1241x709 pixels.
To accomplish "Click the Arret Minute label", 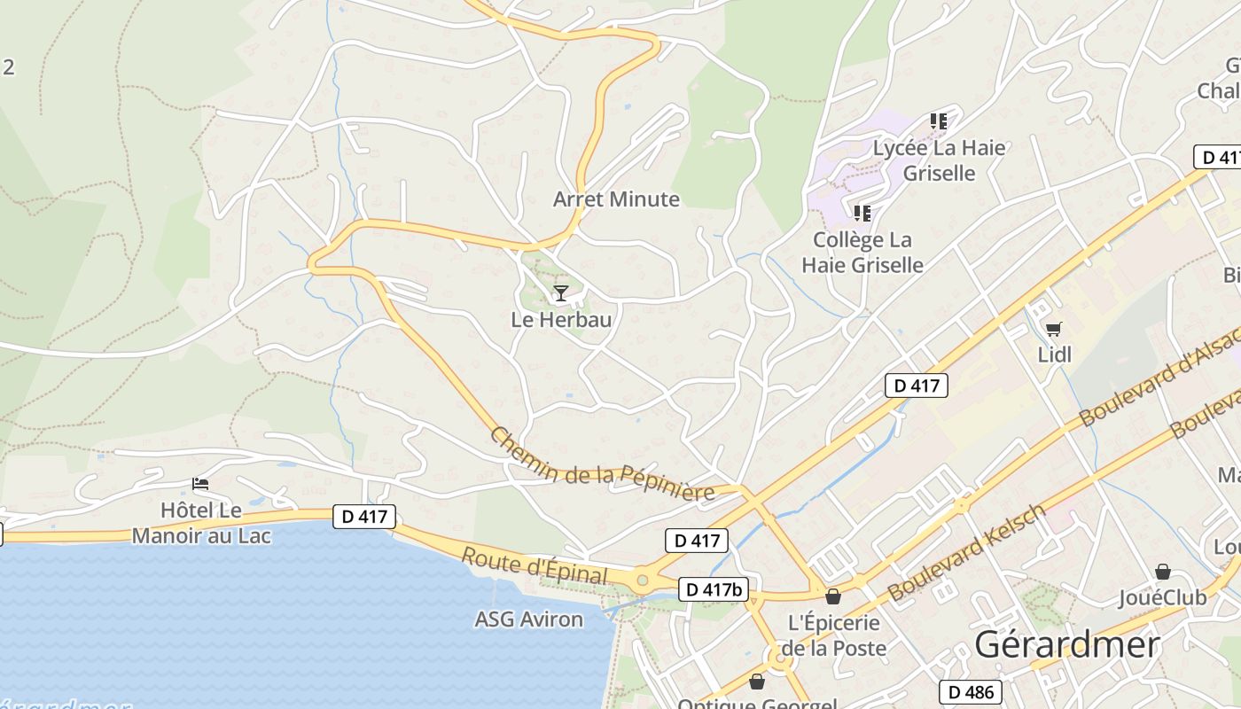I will (x=616, y=199).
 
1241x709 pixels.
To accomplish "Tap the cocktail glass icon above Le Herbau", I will (x=560, y=293).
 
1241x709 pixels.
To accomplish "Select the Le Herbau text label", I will (x=561, y=320).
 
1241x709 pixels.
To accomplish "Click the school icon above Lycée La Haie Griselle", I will (x=939, y=121).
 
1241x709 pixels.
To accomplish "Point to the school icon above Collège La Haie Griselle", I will (x=862, y=213).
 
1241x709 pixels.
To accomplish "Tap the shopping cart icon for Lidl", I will (x=1053, y=330).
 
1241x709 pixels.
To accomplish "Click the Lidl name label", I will (x=1055, y=355).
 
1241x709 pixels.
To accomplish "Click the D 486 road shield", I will (x=970, y=692).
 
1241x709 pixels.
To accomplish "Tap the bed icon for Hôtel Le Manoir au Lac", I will (x=200, y=484).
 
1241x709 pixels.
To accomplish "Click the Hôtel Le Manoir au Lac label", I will (x=201, y=523).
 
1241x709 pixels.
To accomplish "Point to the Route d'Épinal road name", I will (x=535, y=565).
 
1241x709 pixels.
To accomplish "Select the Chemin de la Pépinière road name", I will (x=602, y=465).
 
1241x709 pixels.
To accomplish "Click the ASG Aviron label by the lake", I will (x=528, y=619).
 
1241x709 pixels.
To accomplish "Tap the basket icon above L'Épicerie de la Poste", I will (x=832, y=596).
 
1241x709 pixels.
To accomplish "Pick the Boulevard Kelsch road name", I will (x=968, y=552).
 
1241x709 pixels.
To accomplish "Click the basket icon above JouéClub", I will (x=1162, y=572).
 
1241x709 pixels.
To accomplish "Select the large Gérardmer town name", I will (x=1067, y=645).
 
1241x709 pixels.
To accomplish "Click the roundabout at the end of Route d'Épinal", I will (x=642, y=581).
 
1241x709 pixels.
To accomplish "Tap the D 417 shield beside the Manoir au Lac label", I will (x=363, y=517).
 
